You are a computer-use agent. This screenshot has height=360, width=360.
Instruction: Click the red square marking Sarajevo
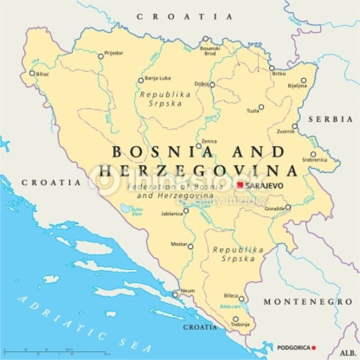(240, 184)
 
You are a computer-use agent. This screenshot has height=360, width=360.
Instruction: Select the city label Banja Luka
(158, 78)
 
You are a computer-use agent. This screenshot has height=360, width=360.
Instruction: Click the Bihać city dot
(32, 73)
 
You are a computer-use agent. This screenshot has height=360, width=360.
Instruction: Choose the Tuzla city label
(253, 111)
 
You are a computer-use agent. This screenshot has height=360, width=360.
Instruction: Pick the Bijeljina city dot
(304, 80)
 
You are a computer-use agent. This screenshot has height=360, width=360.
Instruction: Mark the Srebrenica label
(314, 160)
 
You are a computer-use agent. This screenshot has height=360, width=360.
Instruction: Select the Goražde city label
(274, 208)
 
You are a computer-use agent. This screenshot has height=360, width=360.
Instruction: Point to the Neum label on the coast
(189, 290)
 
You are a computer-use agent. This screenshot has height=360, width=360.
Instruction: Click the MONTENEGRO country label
(307, 301)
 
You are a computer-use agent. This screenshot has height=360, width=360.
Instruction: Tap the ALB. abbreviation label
(347, 352)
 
